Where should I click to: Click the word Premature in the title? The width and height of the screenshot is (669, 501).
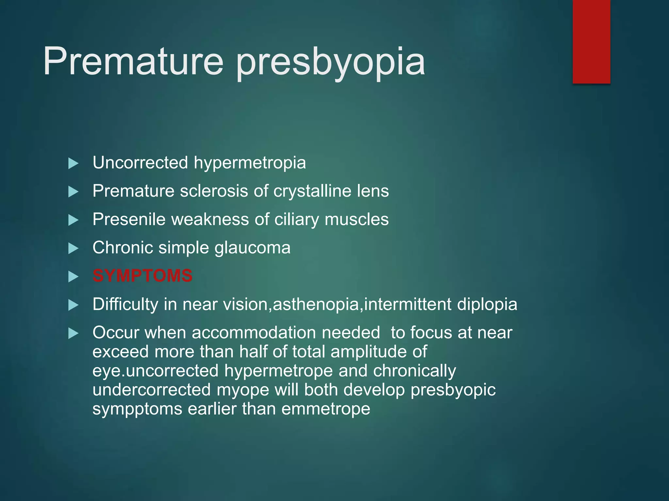tap(133, 61)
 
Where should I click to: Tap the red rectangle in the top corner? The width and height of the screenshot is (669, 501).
tap(591, 41)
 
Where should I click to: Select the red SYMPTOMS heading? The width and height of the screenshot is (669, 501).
tap(142, 276)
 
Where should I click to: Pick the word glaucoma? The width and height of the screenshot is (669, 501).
tap(252, 248)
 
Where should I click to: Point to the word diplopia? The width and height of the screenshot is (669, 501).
tap(487, 305)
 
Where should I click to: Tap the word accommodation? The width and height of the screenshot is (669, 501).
tap(254, 333)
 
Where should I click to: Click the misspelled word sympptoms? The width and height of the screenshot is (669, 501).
tap(137, 409)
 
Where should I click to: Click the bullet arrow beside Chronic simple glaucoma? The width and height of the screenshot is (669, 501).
tap(73, 249)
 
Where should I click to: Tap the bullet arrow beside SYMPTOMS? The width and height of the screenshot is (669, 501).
tap(73, 277)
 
